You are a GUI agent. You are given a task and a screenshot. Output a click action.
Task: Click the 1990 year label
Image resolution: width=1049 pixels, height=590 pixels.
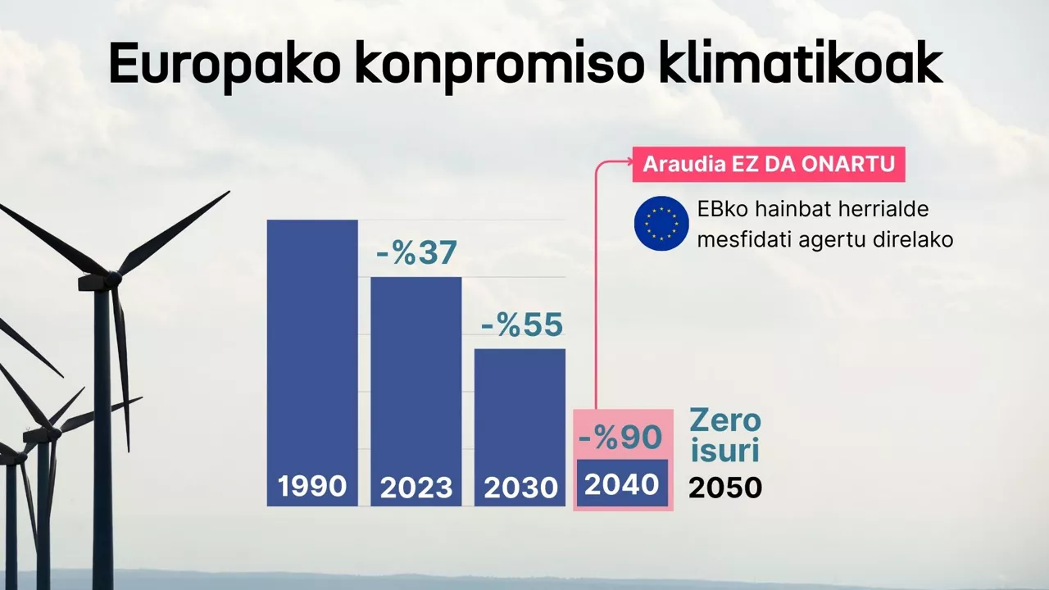coord(312,487)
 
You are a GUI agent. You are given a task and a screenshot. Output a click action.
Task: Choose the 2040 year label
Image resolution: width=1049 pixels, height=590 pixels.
coord(622,484)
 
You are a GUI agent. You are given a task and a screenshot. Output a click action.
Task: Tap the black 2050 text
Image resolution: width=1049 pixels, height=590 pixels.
coord(725,488)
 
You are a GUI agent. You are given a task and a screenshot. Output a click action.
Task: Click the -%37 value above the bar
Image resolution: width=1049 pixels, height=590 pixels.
coord(416,253)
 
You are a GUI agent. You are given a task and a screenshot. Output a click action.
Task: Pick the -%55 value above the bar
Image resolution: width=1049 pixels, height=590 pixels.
coord(521,325)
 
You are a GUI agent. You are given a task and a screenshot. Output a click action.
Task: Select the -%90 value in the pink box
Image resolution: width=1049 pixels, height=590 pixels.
coord(620,438)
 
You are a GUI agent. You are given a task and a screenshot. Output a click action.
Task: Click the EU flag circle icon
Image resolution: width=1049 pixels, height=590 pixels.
coord(661,223)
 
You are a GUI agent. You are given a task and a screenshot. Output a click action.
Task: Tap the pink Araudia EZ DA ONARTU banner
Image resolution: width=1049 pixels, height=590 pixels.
coord(768,164)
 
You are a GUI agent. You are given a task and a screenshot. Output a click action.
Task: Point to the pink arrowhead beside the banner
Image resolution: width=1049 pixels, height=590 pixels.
coord(625,164)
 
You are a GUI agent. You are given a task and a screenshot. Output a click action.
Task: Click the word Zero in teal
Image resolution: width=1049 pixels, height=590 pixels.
coord(725,421)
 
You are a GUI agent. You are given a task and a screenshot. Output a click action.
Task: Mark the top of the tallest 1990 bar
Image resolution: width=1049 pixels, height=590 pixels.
coord(312,220)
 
